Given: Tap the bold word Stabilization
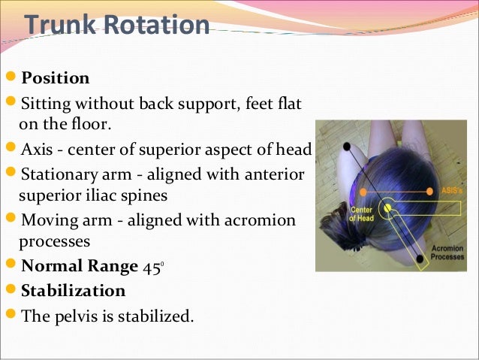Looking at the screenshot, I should click(73, 290).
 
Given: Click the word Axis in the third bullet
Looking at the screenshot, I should click(38, 147).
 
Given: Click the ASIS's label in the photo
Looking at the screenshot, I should click(450, 192).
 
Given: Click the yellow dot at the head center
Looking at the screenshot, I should click(388, 204).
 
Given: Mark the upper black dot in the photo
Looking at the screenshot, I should click(346, 146).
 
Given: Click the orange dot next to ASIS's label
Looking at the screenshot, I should click(429, 192).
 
